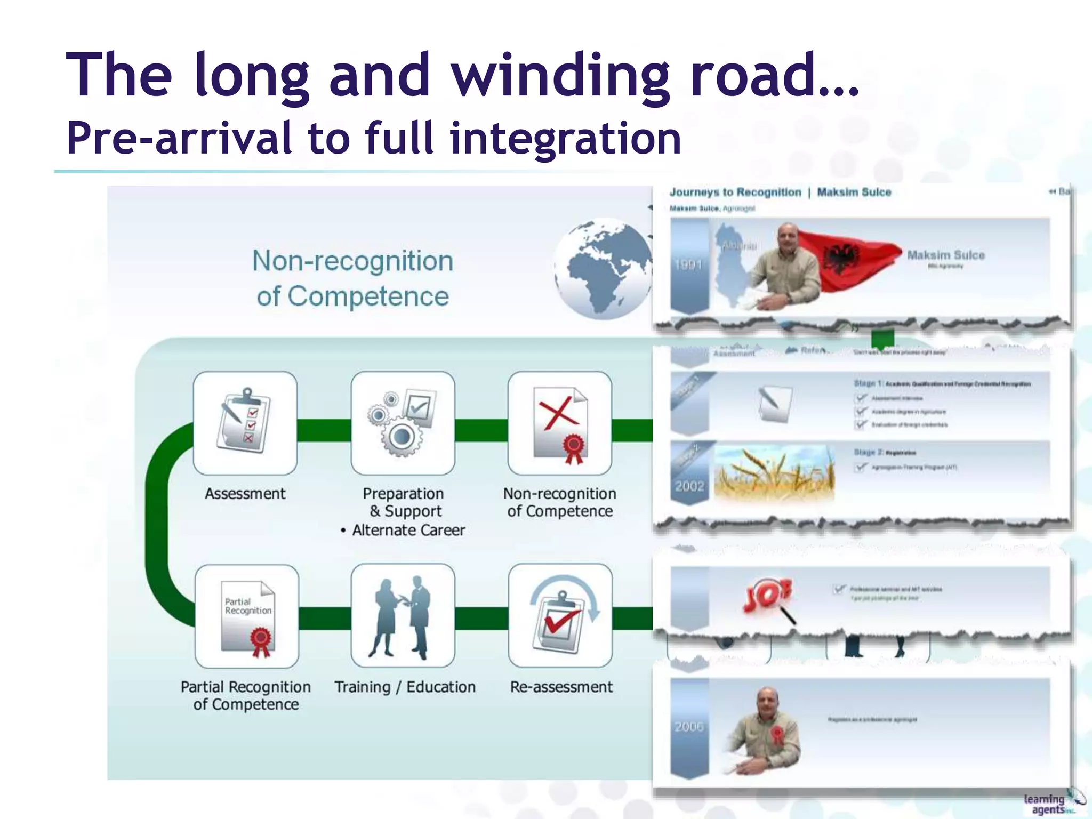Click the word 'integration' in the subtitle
(565, 138)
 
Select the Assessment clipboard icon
(245, 422)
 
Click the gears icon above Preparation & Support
(403, 422)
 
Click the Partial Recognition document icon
(247, 616)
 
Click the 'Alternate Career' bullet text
(408, 530)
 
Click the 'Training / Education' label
(405, 687)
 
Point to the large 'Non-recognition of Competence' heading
(352, 278)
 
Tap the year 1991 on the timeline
(688, 264)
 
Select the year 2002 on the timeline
(689, 486)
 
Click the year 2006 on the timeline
(689, 727)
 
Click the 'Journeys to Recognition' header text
(735, 192)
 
